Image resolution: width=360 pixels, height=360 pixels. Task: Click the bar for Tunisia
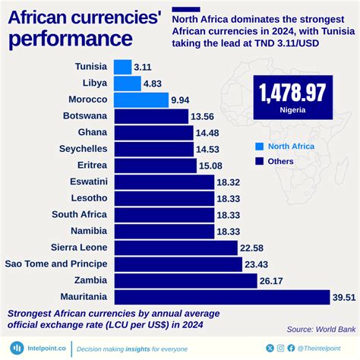click(122, 67)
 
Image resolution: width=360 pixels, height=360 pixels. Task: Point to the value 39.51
click(344, 297)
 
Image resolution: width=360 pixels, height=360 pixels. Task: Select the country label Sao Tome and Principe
click(56, 264)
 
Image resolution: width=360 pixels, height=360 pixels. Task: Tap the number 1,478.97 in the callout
click(292, 93)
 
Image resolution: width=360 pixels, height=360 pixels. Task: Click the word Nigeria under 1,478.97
click(292, 110)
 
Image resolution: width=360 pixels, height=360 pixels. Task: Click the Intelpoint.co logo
click(36, 348)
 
